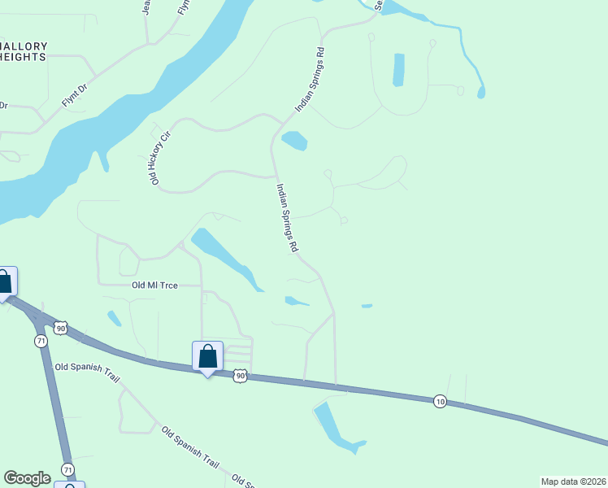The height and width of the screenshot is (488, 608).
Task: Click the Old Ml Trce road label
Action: (x=154, y=285)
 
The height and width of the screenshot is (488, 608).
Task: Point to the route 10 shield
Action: (x=439, y=402)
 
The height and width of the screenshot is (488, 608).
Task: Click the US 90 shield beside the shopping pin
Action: (x=239, y=375)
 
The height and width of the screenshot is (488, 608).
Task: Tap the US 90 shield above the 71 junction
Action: (x=60, y=328)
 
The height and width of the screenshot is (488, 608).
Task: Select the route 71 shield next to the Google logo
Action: (x=68, y=470)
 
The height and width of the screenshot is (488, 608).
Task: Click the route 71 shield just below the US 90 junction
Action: (x=41, y=341)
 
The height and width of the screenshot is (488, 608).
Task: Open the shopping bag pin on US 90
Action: (x=207, y=356)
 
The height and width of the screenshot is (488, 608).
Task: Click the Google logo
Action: (x=27, y=478)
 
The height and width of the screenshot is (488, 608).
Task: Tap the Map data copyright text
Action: (x=572, y=481)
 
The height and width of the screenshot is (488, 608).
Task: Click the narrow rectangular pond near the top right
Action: (x=398, y=70)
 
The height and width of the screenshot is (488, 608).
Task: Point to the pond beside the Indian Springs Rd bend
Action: (x=293, y=141)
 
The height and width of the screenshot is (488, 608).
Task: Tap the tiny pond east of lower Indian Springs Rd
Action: (x=367, y=306)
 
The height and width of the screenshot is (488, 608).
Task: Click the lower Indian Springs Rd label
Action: (x=287, y=217)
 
